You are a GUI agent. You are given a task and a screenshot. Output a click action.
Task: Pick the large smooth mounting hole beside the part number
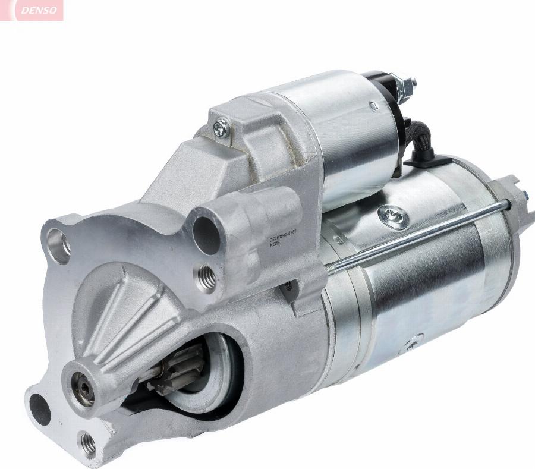tap(206, 235)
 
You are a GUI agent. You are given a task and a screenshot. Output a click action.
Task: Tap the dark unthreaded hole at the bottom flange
tap(40, 408)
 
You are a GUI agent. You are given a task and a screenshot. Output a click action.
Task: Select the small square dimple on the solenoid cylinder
tap(373, 106)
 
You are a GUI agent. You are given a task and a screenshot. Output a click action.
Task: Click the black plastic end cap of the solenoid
tap(380, 83)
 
